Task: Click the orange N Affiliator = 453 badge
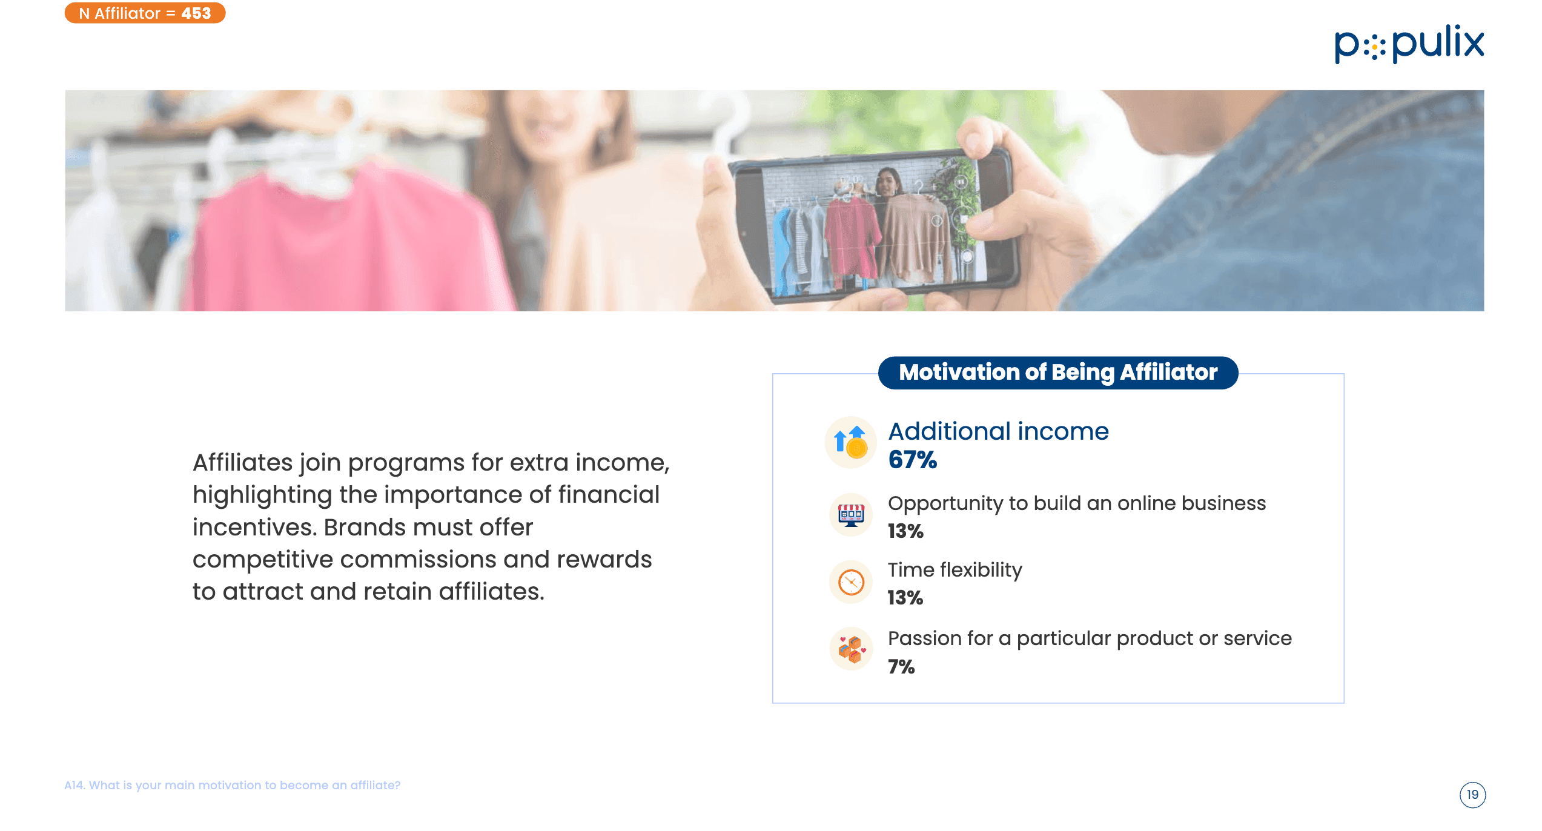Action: point(145,13)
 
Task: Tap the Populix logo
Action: point(1409,44)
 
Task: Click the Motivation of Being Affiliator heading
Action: point(1058,372)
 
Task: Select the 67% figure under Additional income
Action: point(912,460)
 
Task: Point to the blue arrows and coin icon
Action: point(851,442)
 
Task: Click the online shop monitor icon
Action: point(851,515)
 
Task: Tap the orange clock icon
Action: point(851,582)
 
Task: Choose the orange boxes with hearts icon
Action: point(851,649)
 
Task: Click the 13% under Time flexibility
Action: point(905,598)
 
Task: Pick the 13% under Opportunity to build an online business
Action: point(905,532)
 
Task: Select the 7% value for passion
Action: point(901,667)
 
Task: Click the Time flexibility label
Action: point(955,571)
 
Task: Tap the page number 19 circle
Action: point(1472,795)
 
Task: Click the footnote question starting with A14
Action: point(233,786)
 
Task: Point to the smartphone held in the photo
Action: point(875,224)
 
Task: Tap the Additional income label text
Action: point(999,431)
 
